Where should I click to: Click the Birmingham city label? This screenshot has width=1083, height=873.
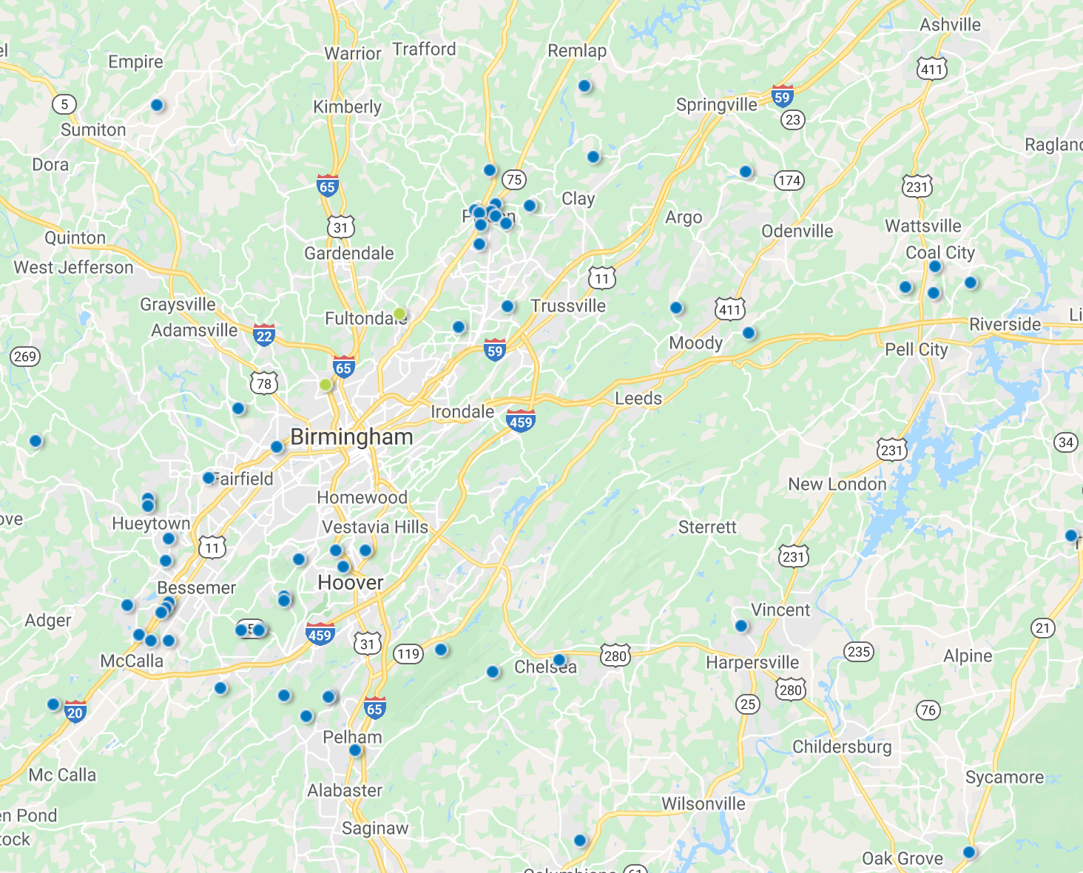(x=351, y=437)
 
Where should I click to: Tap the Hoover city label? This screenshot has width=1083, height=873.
(x=351, y=583)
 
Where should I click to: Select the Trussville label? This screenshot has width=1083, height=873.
(x=568, y=306)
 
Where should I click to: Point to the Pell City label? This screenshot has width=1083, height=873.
(x=917, y=349)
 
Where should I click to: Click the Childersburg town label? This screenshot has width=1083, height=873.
(x=842, y=746)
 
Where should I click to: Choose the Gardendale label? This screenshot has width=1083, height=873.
(x=349, y=254)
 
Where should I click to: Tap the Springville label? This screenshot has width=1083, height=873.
(x=717, y=105)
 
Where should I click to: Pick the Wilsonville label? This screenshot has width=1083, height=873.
(x=704, y=803)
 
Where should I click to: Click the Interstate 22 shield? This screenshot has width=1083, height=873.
(x=264, y=334)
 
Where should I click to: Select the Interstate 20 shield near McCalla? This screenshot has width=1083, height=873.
(x=75, y=712)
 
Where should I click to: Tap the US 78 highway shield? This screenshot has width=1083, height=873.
(x=264, y=383)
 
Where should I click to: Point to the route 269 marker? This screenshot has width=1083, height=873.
(x=25, y=357)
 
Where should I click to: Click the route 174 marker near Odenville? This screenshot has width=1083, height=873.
(x=789, y=181)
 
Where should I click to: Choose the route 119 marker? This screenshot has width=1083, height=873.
(x=408, y=653)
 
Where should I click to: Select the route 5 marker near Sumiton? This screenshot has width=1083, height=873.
(x=64, y=104)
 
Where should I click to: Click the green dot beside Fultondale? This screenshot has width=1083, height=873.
(x=400, y=314)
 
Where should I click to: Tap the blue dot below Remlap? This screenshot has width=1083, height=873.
(x=584, y=86)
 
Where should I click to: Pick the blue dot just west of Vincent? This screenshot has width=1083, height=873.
(x=741, y=626)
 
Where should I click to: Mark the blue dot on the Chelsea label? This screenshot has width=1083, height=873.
(x=559, y=660)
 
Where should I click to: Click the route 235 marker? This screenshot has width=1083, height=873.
(x=859, y=652)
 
